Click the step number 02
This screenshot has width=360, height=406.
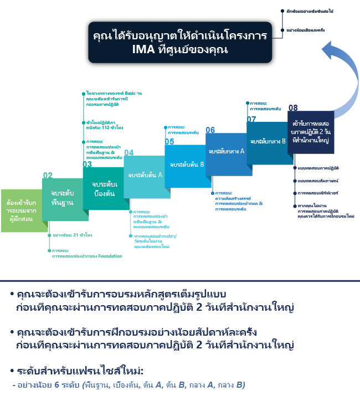pyautogui.click(x=48, y=175)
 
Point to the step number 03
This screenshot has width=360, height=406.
pyautogui.click(x=88, y=165)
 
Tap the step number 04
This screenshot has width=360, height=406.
pyautogui.click(x=128, y=152)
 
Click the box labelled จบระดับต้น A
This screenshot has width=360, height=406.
pyautogui.click(x=145, y=176)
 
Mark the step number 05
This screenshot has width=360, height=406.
pyautogui.click(x=169, y=142)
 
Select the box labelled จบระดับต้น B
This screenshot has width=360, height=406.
pyautogui.click(x=187, y=165)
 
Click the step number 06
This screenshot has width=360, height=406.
pyautogui.click(x=210, y=130)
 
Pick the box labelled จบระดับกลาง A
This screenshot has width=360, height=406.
pyautogui.click(x=227, y=152)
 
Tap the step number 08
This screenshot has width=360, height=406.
pyautogui.click(x=293, y=107)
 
